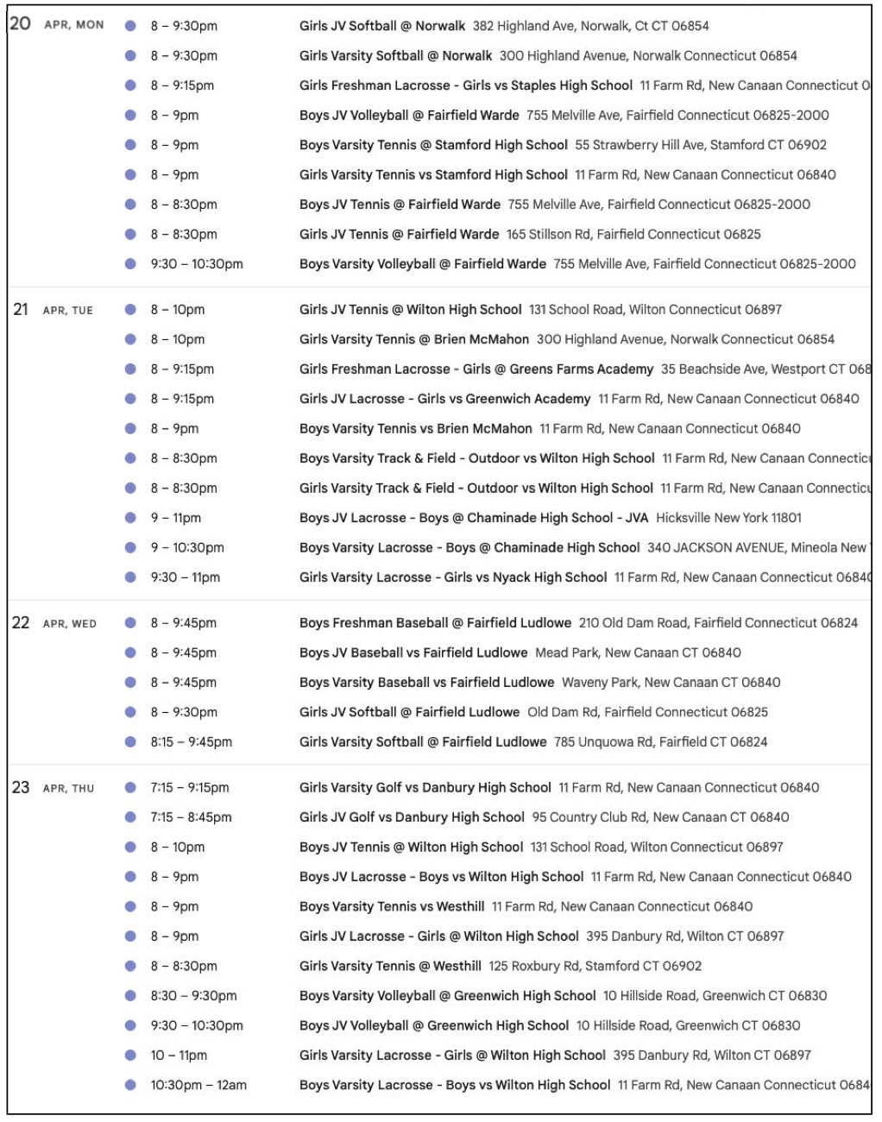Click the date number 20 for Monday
point(20,24)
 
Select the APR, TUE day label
point(68,311)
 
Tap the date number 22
point(21,623)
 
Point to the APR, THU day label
point(68,789)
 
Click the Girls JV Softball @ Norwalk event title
point(381,26)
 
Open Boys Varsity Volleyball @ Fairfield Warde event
point(422,264)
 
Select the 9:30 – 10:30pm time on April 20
point(197,264)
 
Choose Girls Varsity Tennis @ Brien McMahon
point(414,339)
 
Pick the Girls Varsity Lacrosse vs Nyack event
point(453,577)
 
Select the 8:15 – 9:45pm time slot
point(191,742)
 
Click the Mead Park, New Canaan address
point(638,652)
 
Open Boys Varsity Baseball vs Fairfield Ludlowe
point(426,683)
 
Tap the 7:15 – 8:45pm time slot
point(191,817)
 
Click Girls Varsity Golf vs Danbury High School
point(425,788)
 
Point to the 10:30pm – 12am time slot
point(198,1086)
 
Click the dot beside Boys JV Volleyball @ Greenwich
point(130,1026)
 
